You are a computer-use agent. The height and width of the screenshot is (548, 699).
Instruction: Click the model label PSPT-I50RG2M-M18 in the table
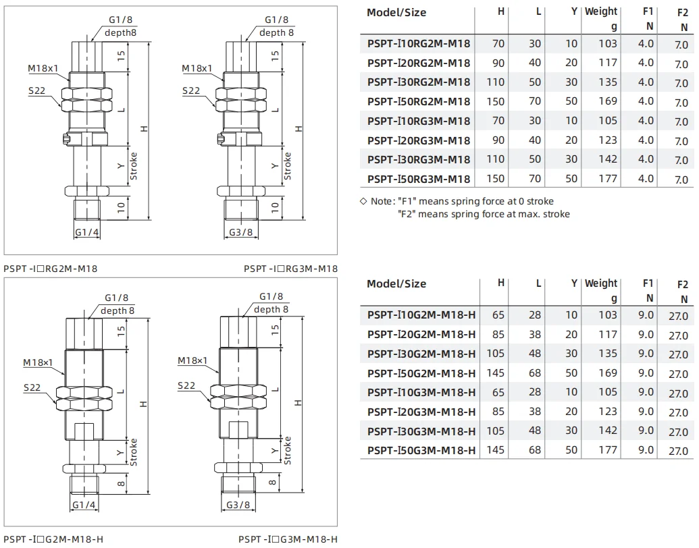pos(419,101)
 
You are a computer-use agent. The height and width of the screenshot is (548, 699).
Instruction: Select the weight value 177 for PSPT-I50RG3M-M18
pos(607,179)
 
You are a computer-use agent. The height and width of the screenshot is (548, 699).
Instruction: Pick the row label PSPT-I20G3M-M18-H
pos(421,412)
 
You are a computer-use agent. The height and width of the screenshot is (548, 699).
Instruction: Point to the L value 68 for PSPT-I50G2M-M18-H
pos(535,373)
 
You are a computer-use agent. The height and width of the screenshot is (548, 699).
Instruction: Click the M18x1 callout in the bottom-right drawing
pos(192,361)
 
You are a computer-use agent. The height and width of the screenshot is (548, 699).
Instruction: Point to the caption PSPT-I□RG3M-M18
pos(290,269)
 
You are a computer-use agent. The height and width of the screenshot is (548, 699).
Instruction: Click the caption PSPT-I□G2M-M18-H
pos(53,539)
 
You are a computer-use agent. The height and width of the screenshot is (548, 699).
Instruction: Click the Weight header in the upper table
pos(601,11)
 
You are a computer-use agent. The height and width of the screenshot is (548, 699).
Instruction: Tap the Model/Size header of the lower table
pos(396,283)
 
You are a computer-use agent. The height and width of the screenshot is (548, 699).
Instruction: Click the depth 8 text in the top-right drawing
pos(276,32)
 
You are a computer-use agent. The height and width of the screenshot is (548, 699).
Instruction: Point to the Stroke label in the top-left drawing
pos(134,166)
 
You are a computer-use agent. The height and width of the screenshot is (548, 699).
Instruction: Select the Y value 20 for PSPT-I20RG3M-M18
pos(571,140)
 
